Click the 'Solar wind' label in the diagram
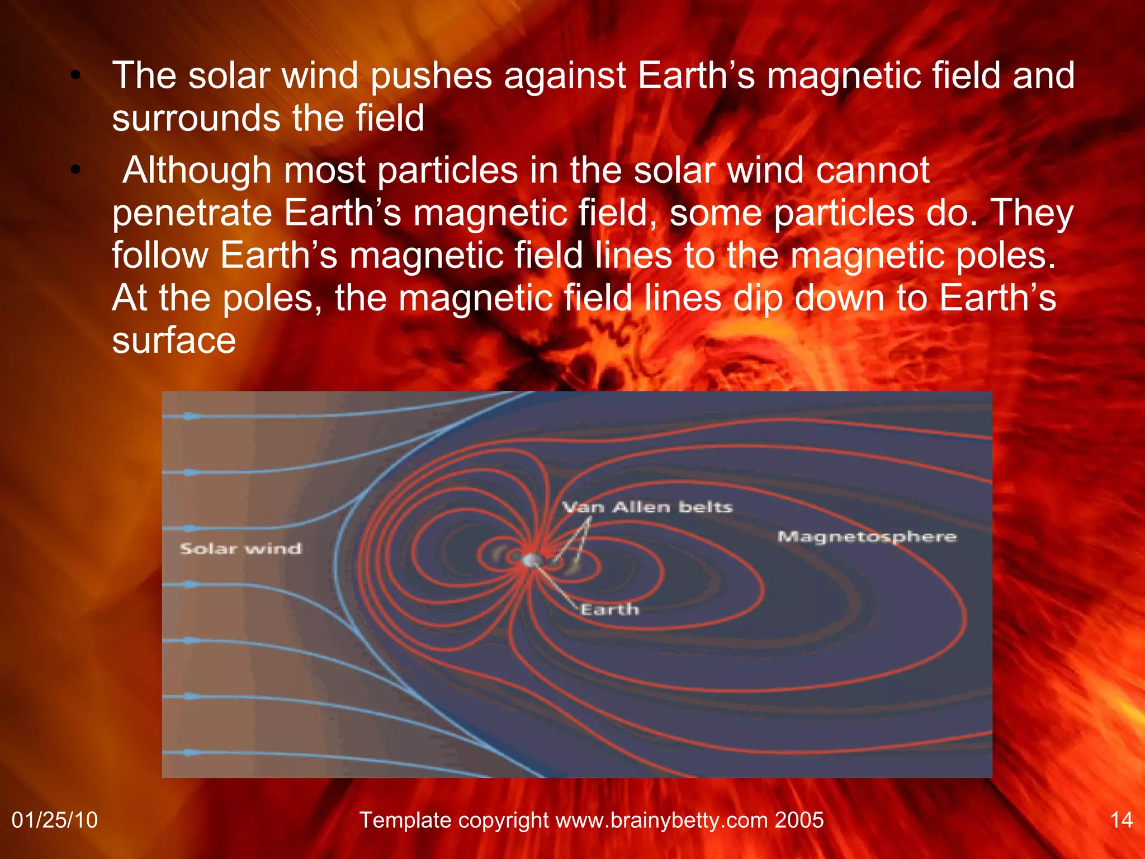pos(240,549)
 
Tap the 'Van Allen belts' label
pos(647,507)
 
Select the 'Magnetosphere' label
pos(867,537)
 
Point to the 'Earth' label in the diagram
pos(609,609)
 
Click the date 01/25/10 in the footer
pos(55,820)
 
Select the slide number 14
pos(1121,820)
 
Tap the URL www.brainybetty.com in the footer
pos(661,820)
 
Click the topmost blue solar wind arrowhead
pos(192,416)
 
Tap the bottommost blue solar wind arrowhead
pos(192,753)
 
